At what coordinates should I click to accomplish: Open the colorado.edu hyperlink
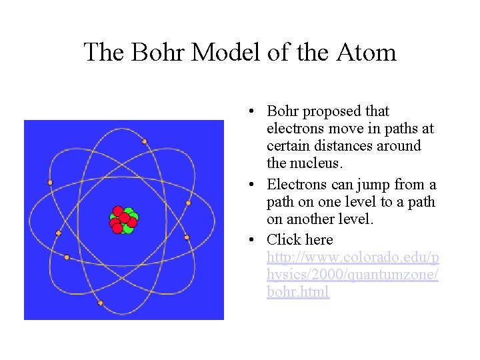(x=352, y=275)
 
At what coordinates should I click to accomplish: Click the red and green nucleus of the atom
(x=123, y=221)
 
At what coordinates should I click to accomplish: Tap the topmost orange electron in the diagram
(x=144, y=141)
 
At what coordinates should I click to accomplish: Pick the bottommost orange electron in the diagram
(x=101, y=303)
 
